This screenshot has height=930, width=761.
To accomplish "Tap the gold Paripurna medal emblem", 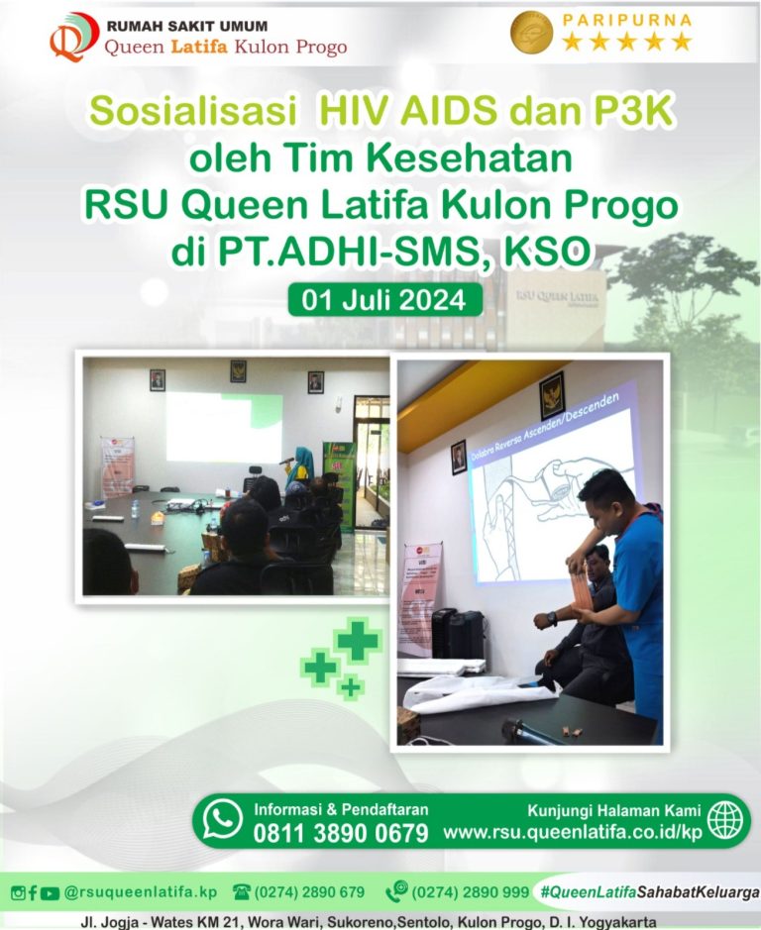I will [x=531, y=33].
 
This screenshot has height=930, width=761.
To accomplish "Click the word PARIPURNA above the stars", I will [x=626, y=20].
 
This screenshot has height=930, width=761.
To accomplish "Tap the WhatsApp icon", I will [x=223, y=819].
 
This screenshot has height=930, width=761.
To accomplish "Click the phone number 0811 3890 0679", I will [x=341, y=833].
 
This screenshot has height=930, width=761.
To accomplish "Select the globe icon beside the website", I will [x=724, y=819].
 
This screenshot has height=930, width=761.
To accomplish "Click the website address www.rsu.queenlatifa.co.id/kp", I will [x=572, y=832].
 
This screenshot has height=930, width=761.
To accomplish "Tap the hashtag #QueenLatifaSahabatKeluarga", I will [x=650, y=891].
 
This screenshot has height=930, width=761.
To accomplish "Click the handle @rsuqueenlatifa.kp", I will [x=140, y=891].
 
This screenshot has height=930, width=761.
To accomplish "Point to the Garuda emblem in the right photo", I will [x=552, y=394].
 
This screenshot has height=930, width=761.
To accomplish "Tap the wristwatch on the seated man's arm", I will [x=552, y=618].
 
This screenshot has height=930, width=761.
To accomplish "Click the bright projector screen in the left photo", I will [x=223, y=426].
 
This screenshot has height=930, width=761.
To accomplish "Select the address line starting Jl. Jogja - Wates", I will [x=369, y=921].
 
